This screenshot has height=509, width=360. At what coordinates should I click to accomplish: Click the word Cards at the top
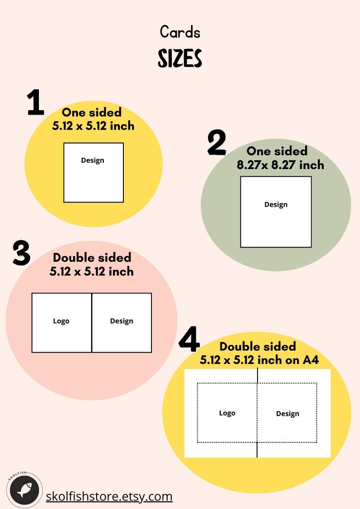(x=180, y=32)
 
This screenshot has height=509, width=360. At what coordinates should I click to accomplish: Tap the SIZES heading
(x=180, y=58)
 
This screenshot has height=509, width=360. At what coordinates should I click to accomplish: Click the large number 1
(x=36, y=102)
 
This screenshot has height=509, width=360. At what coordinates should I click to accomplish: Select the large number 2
(x=216, y=143)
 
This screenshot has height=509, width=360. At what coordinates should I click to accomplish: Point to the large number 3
(x=21, y=253)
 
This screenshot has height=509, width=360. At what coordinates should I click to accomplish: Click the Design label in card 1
(x=92, y=160)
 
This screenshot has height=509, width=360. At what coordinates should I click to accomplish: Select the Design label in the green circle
(x=276, y=204)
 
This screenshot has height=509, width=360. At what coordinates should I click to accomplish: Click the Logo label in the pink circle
(x=61, y=321)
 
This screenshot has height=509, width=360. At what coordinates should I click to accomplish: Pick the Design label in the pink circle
(x=122, y=321)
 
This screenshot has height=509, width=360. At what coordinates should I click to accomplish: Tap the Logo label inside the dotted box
(x=227, y=413)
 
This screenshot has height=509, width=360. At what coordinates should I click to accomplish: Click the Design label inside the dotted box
(x=287, y=413)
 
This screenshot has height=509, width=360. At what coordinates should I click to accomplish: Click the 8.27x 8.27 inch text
(x=280, y=165)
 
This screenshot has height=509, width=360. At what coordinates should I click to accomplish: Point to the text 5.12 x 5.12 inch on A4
(x=259, y=360)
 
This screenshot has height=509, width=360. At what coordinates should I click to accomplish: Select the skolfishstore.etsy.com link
(x=109, y=496)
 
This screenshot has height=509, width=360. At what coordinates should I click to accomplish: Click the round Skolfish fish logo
(x=24, y=490)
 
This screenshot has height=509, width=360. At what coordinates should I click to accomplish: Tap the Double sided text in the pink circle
(x=92, y=257)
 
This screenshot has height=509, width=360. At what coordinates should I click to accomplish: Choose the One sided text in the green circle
(x=277, y=151)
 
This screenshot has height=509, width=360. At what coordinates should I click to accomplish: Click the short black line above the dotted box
(x=258, y=375)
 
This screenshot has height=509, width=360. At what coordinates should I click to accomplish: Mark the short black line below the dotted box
(x=257, y=450)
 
